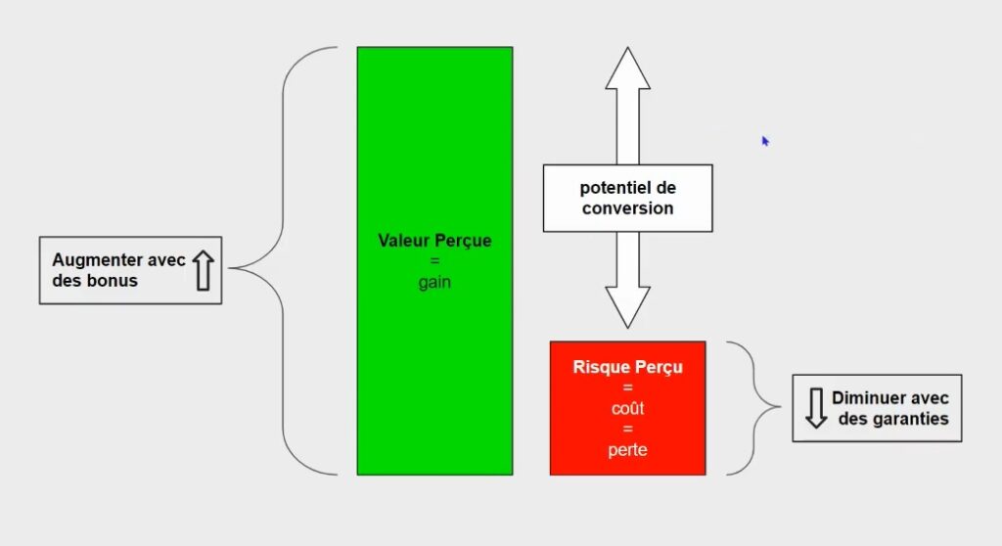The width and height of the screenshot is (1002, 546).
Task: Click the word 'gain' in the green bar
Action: pos(434,283)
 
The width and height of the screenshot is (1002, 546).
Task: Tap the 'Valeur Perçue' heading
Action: pos(434,241)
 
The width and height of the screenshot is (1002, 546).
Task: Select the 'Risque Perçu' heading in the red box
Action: pos(627,367)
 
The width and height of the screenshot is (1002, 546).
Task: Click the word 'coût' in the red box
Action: pos(627,408)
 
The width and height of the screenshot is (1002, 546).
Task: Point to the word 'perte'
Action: pos(627,450)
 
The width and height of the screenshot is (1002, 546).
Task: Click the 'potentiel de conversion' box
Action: pos(627,199)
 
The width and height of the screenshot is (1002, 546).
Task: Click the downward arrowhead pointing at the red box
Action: pos(627,307)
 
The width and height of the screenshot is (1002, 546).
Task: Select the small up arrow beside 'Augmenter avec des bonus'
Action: pos(204,270)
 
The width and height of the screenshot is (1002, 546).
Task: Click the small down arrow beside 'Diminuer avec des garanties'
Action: pos(816,408)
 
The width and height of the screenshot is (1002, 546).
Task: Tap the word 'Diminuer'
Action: pos(863,397)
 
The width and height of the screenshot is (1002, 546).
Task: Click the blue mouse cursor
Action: pos(765,141)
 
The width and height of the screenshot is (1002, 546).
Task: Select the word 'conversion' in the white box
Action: pos(627,208)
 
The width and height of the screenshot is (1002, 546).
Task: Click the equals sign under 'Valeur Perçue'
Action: pos(434,261)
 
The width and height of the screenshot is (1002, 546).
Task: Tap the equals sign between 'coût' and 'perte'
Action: pos(627,429)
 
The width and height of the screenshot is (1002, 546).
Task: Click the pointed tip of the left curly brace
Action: pos(230,268)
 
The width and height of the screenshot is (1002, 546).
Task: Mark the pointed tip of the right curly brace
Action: pos(779,406)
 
